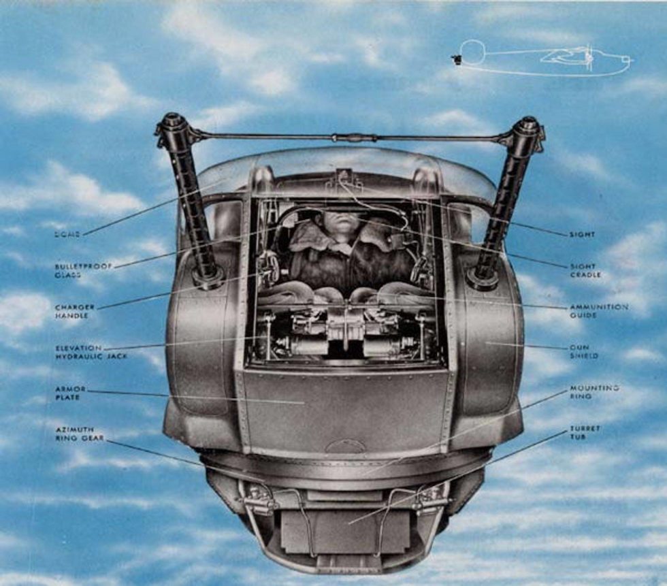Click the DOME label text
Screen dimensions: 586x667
(67, 234)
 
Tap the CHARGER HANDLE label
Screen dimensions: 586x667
(75, 311)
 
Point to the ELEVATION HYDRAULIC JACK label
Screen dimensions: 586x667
(82, 352)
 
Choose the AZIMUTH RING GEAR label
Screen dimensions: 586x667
(80, 434)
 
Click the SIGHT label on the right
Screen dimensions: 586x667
(582, 234)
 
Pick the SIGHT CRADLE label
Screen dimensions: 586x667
(583, 270)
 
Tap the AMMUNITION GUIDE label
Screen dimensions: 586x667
(598, 311)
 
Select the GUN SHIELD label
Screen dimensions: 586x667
(584, 352)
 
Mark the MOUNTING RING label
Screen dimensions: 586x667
(594, 393)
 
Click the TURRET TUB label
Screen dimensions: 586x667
(585, 434)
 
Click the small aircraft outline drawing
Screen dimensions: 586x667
(544, 59)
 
